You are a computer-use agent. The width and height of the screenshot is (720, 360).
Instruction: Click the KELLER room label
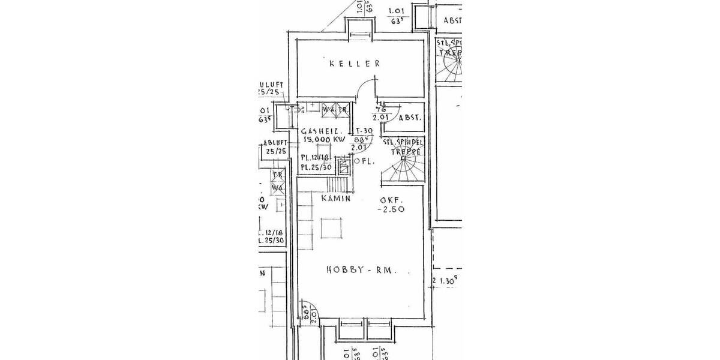[x=355, y=63]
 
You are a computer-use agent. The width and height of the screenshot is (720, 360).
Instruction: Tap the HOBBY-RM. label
[x=362, y=270]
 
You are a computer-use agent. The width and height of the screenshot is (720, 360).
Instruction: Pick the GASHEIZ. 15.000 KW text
[x=324, y=135]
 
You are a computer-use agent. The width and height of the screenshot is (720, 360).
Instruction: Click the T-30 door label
[x=365, y=131]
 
